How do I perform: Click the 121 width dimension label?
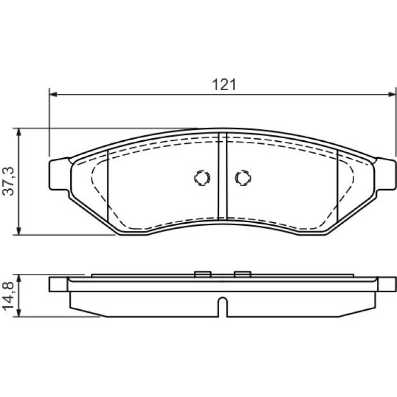[x=224, y=85]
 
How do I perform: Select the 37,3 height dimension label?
[x=8, y=181]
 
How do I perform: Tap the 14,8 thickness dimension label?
[x=8, y=296]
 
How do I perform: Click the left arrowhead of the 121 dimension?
[x=53, y=94]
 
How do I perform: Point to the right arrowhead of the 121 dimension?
[x=392, y=94]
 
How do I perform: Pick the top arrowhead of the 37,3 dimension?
[x=18, y=132]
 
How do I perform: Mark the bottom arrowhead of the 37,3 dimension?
[x=18, y=231]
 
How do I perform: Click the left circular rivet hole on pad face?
[x=202, y=178]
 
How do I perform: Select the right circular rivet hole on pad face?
[x=243, y=178]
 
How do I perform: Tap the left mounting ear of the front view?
[x=59, y=174]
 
